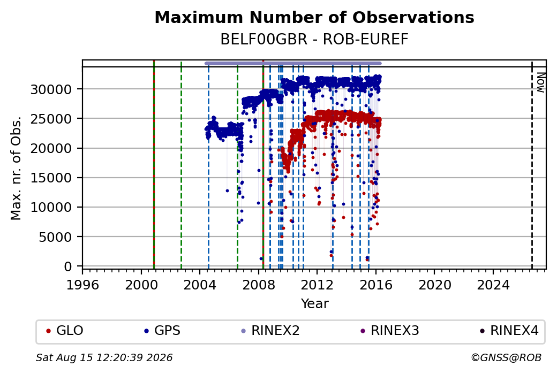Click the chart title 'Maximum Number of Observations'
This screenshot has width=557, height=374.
point(314,17)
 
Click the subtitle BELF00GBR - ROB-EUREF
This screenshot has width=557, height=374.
point(314,40)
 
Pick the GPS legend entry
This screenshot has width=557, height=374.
point(162,331)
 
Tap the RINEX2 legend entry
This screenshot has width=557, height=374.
point(270,331)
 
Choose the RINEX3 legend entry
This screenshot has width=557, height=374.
point(390,331)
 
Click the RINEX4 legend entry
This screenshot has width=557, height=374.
point(509,331)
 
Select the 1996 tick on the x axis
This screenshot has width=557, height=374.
point(83,285)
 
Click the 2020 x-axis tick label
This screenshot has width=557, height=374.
point(434,285)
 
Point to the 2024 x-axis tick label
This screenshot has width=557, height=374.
point(493,285)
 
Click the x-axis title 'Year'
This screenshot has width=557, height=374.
point(314,304)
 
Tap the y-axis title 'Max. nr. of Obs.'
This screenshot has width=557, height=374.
point(16,168)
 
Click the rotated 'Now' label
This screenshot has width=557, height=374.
point(540,82)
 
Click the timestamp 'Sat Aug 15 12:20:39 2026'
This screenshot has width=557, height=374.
point(104,357)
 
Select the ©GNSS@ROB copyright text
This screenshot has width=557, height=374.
point(506,357)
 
